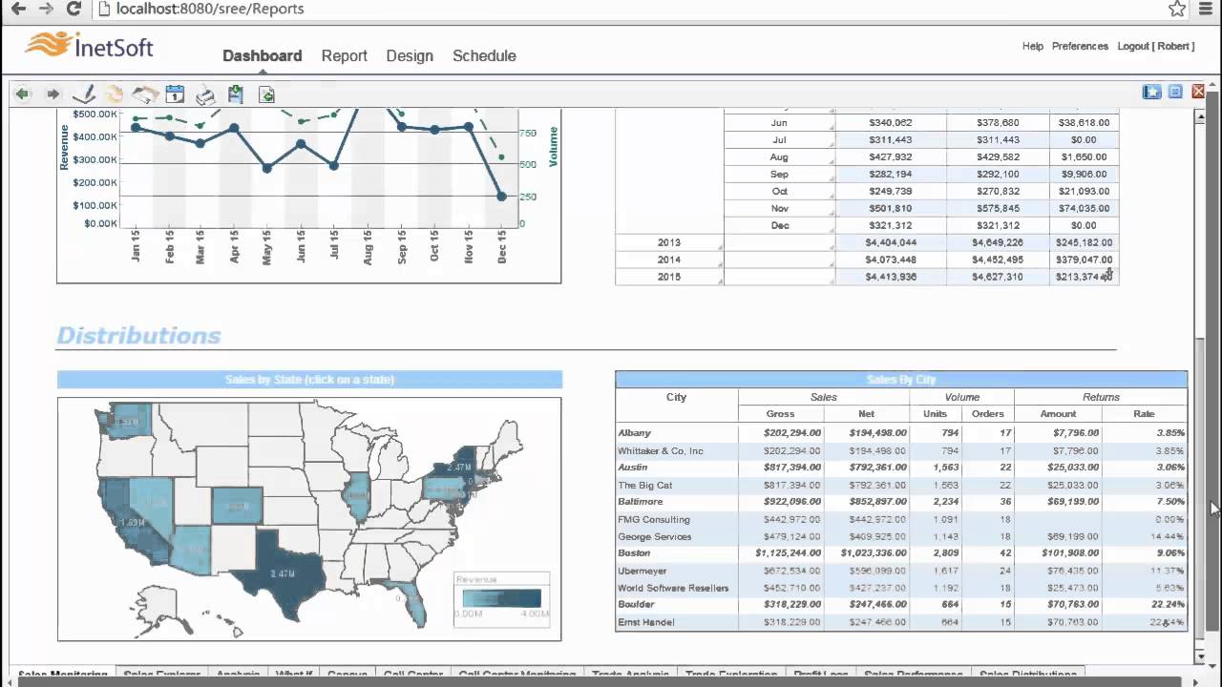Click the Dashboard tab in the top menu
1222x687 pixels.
point(262,55)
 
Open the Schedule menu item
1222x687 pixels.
point(484,55)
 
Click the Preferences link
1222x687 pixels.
point(1080,46)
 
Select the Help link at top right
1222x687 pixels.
point(1032,46)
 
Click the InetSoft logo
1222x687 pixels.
point(90,47)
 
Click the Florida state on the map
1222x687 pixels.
point(412,602)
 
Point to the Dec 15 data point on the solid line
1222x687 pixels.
point(502,197)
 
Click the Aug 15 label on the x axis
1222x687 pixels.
point(369,245)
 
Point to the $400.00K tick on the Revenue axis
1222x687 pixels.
point(95,136)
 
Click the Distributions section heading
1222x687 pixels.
point(138,335)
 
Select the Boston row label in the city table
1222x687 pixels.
point(634,553)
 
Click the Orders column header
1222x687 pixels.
point(987,414)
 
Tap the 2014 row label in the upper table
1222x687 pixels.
point(668,260)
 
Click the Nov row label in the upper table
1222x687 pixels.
point(779,208)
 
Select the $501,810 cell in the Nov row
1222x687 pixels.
point(890,208)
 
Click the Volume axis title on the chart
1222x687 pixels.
point(554,147)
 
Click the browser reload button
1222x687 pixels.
point(74,10)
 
